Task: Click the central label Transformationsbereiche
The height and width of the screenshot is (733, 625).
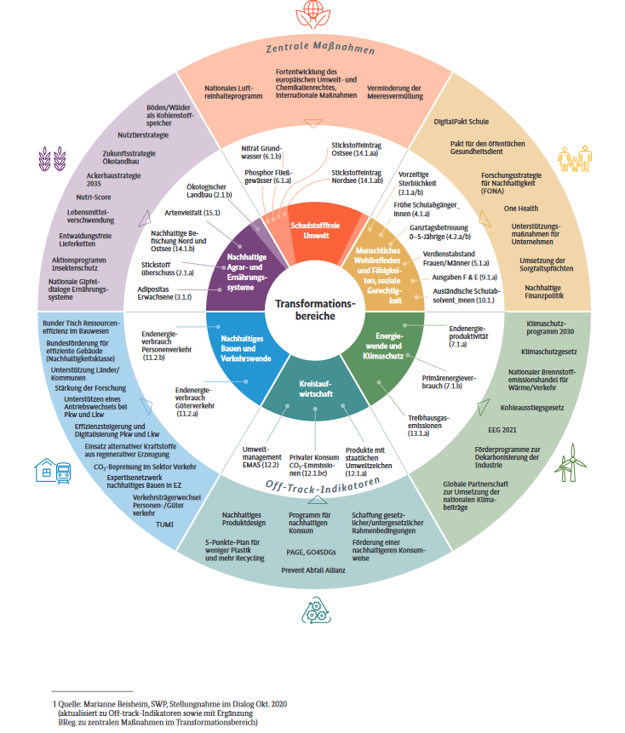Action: (312, 309)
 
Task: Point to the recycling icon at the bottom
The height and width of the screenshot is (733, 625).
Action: (312, 610)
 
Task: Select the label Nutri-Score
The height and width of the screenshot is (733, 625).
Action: (95, 194)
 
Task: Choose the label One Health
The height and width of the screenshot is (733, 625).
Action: (521, 208)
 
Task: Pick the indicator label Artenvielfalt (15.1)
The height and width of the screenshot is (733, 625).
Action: (192, 212)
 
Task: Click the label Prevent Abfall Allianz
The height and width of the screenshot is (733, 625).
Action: (312, 569)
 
